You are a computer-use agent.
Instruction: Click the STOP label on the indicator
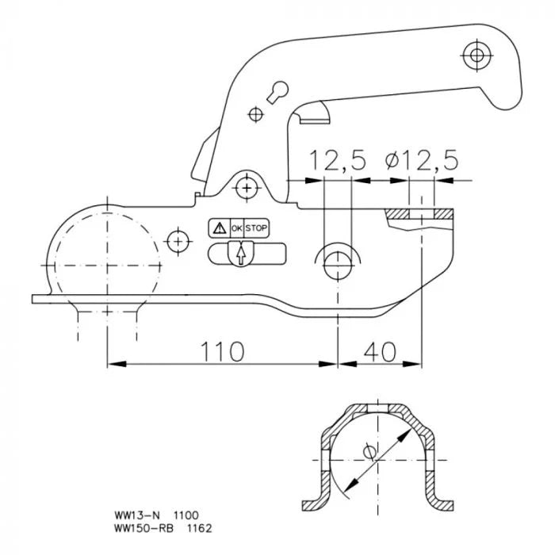[x=256, y=228]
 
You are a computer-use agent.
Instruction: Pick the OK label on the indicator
[x=236, y=228]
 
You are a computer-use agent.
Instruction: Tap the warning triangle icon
[x=218, y=228]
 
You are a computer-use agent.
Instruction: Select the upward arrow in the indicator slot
[x=237, y=254]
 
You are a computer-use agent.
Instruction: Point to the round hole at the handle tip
[x=477, y=55]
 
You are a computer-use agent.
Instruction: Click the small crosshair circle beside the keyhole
[x=255, y=114]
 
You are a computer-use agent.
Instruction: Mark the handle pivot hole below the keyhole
[x=249, y=188]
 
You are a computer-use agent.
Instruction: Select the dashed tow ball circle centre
[x=106, y=264]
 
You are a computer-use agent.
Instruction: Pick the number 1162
[x=189, y=526]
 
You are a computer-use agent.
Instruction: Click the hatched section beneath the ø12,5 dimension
[x=420, y=215]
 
